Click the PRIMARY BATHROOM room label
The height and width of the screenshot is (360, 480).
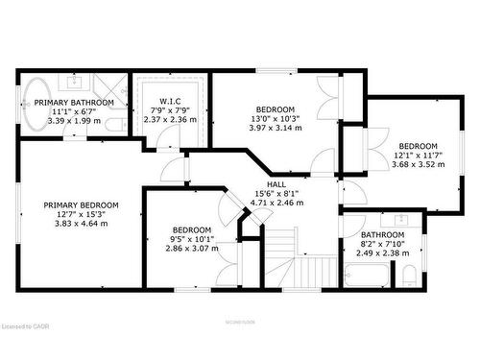coord(74,103)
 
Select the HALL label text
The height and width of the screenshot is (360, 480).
coord(276,184)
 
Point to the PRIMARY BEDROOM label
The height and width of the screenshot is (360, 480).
coord(81,205)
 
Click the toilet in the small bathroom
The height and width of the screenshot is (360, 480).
coord(409,276)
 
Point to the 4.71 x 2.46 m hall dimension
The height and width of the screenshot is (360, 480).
coord(276,203)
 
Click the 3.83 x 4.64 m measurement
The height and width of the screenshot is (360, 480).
coord(81,223)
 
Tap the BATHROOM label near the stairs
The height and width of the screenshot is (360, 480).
coord(381,234)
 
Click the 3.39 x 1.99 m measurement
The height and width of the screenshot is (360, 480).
coord(74,120)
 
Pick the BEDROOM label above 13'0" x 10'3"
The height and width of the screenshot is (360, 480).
coord(275,108)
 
